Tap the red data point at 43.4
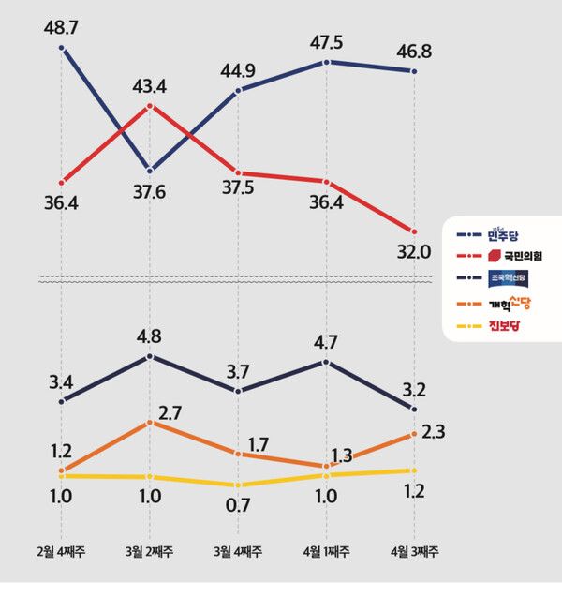[150, 106]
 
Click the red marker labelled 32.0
[414, 231]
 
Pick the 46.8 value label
[414, 47]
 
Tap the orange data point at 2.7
[150, 423]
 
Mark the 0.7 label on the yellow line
[238, 508]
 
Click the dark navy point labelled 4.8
[150, 356]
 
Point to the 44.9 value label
[238, 67]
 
